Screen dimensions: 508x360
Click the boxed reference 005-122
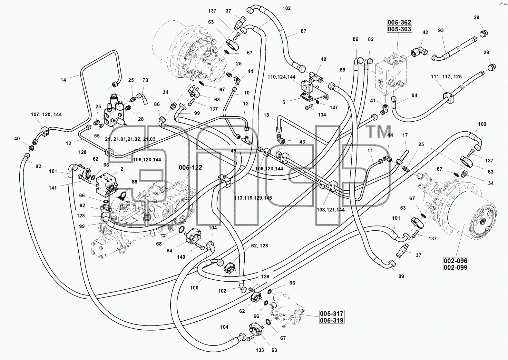(190, 167)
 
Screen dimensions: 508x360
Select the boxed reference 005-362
(399, 22)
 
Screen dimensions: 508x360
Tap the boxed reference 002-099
(455, 267)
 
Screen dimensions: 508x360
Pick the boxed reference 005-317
(332, 314)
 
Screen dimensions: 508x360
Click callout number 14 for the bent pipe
(63, 80)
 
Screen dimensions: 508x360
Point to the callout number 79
(145, 80)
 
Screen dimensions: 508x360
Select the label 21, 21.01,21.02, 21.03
(130, 139)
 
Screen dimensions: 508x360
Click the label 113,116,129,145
(253, 198)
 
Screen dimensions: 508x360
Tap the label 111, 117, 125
(446, 77)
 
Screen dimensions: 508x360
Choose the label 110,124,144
(281, 77)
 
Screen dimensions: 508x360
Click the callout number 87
(303, 31)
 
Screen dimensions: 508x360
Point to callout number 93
(441, 30)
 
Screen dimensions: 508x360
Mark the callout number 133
(260, 350)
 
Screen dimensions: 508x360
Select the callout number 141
(53, 188)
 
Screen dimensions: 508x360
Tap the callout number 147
(334, 108)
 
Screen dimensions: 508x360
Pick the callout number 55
(97, 136)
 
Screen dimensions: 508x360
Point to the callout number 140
(181, 257)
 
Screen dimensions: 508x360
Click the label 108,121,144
(330, 210)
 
